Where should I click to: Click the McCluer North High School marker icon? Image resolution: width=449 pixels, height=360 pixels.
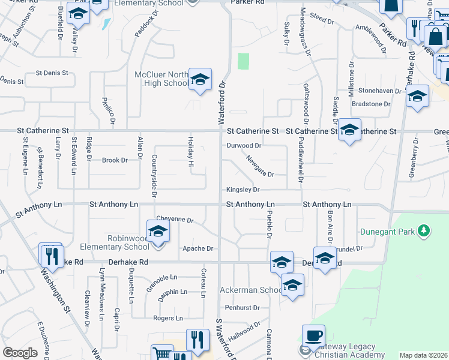pyautogui.click(x=200, y=79)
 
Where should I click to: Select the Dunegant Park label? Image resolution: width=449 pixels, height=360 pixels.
pyautogui.click(x=389, y=231)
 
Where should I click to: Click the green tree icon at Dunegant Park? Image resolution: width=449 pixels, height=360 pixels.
pyautogui.click(x=424, y=230)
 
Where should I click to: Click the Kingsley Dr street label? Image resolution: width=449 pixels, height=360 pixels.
pyautogui.click(x=243, y=190)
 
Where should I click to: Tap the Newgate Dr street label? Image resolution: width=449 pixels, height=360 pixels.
pyautogui.click(x=259, y=166)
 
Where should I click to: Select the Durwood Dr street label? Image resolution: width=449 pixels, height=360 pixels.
pyautogui.click(x=244, y=145)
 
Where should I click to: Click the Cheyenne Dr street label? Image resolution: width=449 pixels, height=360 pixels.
pyautogui.click(x=174, y=220)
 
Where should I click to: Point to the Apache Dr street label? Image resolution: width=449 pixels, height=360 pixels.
pyautogui.click(x=198, y=248)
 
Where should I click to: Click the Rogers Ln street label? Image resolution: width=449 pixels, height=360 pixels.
pyautogui.click(x=168, y=318)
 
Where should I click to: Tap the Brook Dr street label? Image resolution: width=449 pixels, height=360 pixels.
pyautogui.click(x=115, y=160)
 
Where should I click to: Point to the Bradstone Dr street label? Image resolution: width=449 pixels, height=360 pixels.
pyautogui.click(x=371, y=104)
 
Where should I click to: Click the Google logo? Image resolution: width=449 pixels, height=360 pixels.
pyautogui.click(x=20, y=353)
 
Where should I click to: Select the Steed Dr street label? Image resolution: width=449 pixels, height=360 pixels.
pyautogui.click(x=322, y=20)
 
